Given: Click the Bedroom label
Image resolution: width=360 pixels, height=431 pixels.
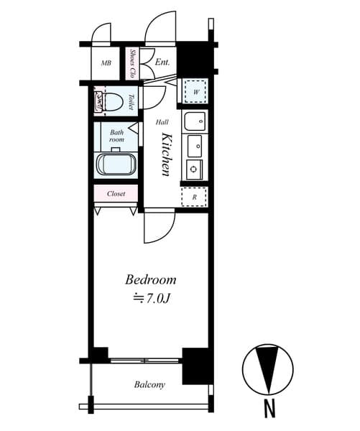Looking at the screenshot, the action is [151, 280].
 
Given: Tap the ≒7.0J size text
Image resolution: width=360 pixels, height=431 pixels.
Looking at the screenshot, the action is [151, 299].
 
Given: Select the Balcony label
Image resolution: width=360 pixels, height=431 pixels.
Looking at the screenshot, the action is [149, 384].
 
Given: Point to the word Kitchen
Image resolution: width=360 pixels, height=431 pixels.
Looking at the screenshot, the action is [167, 154].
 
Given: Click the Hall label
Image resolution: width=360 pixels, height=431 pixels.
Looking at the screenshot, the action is [162, 122].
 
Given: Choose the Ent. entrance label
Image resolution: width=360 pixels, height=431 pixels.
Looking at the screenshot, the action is [162, 62].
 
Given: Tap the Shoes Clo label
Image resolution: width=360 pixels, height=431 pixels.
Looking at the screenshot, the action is [132, 63].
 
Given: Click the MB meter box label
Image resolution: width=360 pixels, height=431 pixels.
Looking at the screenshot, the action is [106, 63].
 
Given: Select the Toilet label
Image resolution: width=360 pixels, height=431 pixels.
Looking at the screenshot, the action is [131, 102].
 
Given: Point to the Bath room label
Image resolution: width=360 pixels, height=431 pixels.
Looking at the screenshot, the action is [116, 136].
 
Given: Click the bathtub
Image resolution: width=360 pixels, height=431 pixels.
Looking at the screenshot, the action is [116, 164].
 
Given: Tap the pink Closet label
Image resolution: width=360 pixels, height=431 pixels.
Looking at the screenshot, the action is [116, 194].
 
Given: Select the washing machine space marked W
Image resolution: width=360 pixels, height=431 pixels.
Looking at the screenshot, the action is [195, 91].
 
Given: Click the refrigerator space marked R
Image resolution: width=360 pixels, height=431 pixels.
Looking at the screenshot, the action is [194, 197].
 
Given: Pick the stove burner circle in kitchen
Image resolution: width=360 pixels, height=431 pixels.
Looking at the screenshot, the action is [194, 169].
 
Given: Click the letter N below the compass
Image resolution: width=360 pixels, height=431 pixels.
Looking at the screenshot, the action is [269, 408].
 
